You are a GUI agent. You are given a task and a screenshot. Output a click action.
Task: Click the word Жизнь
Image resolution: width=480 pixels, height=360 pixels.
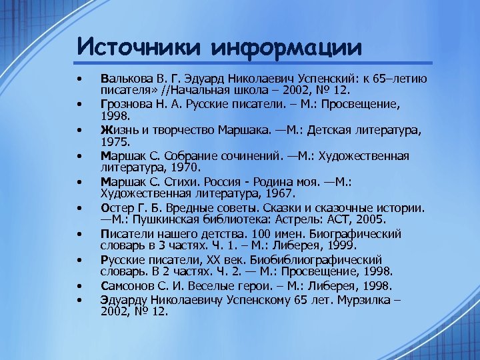pyautogui.click(x=116, y=129)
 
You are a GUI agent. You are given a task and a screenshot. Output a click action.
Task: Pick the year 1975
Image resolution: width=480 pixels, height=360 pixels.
pyautogui.click(x=111, y=142)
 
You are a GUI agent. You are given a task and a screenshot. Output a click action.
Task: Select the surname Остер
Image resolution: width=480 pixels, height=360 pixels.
pyautogui.click(x=114, y=207)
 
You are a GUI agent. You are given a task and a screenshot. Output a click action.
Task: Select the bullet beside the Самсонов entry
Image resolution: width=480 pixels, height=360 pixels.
pyautogui.click(x=79, y=286)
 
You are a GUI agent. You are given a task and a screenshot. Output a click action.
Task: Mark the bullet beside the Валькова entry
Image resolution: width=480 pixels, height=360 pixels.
pyautogui.click(x=79, y=78)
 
